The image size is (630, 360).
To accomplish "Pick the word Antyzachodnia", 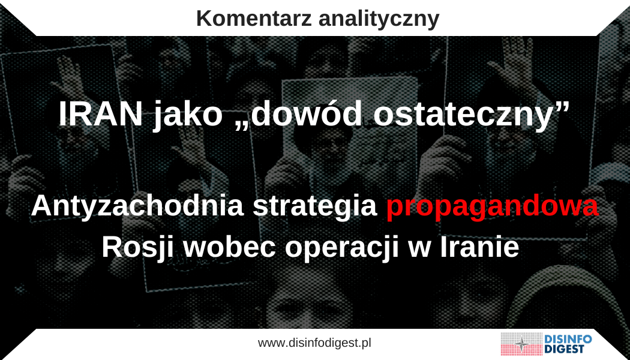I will click(x=137, y=206).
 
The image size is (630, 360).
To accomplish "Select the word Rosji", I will click(x=136, y=248).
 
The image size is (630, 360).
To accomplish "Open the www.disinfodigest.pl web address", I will click(x=314, y=343).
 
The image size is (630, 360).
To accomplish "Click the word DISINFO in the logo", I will click(x=568, y=339).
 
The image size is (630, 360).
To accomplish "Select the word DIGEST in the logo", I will click(x=564, y=349).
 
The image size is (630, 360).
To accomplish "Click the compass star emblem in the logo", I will click(x=522, y=344).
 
